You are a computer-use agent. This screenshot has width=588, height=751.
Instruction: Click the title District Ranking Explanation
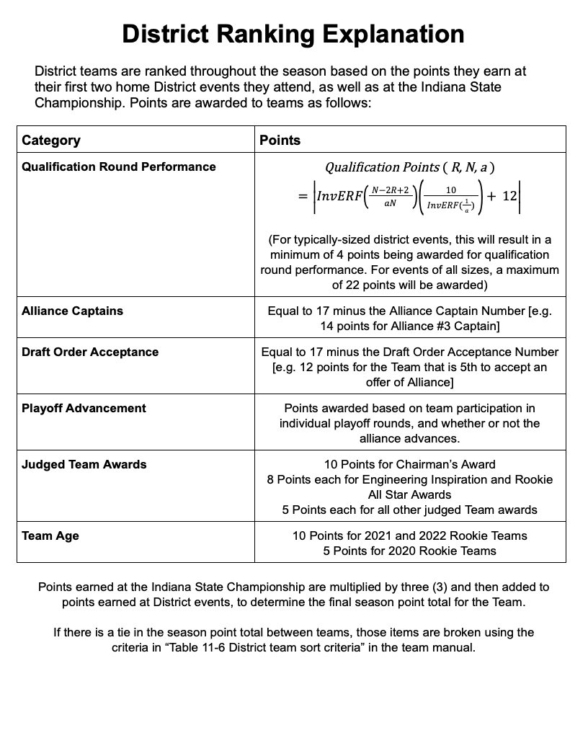click(293, 34)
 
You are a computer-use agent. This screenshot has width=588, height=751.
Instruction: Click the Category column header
click(51, 140)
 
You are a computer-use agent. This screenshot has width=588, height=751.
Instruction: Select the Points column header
click(280, 140)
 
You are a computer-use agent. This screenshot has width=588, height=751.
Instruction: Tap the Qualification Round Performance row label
click(119, 166)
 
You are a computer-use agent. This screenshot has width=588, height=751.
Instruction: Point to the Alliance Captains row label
click(72, 311)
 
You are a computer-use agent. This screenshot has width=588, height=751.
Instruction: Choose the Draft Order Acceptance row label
click(90, 352)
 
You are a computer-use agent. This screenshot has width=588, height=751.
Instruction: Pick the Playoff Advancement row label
click(84, 408)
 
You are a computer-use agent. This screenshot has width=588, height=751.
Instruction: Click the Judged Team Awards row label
click(84, 464)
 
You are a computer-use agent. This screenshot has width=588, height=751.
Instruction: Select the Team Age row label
click(50, 536)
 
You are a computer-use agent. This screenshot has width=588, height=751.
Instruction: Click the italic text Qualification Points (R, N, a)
click(409, 167)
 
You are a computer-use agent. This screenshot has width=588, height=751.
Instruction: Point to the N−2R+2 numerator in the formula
click(389, 190)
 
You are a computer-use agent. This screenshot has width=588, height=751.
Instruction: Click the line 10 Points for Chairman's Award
click(409, 464)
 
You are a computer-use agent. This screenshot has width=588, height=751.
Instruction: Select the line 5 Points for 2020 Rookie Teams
click(409, 551)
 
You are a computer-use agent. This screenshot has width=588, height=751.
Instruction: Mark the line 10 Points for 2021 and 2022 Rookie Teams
click(409, 536)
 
